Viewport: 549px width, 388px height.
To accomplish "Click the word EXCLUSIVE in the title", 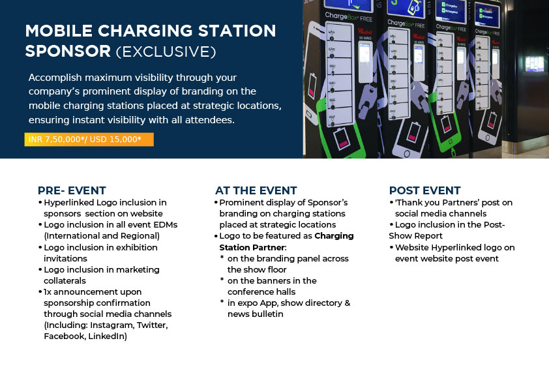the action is point(166,52).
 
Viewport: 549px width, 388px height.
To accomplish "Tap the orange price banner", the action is point(89,140).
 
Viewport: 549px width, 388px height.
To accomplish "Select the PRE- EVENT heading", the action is point(72,190).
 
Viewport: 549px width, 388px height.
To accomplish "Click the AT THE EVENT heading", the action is point(256,190).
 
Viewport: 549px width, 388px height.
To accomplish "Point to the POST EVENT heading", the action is point(424,190).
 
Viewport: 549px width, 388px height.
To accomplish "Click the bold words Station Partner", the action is point(252,248).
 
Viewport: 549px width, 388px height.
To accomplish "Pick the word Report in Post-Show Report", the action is point(429,236).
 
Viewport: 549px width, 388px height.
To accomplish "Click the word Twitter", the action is point(153,325).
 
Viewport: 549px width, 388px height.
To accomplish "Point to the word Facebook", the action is point(65,336).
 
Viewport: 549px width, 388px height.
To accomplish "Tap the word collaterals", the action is point(65,281).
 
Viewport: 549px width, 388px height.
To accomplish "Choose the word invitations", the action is point(65,259).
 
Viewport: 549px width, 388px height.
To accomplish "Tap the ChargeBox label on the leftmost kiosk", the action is point(349,17).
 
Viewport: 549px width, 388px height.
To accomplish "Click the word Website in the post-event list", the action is point(412,248).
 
